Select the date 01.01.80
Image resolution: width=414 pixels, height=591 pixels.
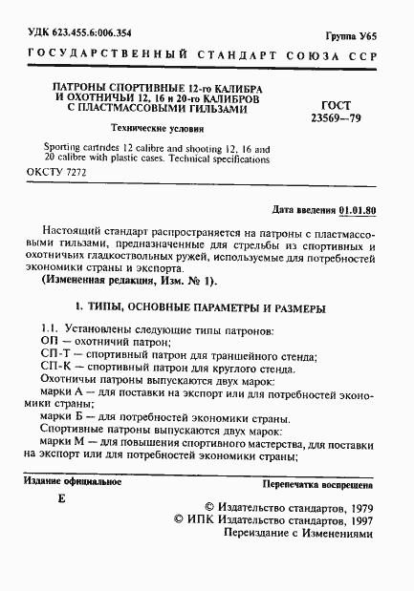tap(359, 208)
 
